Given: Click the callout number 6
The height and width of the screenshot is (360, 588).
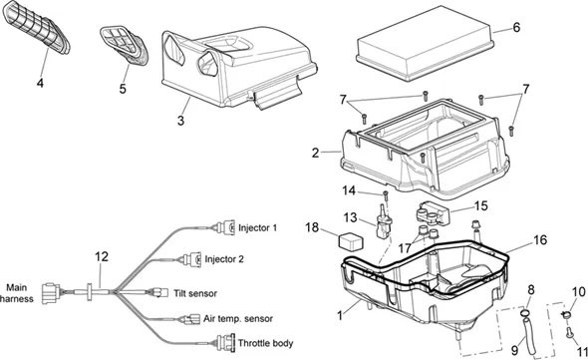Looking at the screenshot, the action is pos(516,27).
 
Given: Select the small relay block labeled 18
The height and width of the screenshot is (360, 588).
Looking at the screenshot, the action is pos(352,241).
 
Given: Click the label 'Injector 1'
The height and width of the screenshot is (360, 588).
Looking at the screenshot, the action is pos(258,227).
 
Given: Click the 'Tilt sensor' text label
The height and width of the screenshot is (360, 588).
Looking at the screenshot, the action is pos(195,293).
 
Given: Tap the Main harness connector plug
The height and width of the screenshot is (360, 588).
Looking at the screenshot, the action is pos(52,293).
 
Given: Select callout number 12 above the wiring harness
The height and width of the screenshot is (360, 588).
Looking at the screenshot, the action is pos(102,256).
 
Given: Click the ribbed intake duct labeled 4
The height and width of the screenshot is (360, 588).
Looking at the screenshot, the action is pos(36,27).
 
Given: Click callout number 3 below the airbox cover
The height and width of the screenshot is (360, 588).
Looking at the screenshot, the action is pos(181,121).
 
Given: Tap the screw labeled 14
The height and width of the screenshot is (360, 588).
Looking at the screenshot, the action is pos(385,195).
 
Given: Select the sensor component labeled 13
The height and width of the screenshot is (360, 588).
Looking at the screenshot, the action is pos(382,222).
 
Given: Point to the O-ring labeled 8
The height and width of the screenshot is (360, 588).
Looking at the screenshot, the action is pos(525,312).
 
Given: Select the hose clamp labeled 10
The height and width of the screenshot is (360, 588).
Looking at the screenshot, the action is pos(566,314).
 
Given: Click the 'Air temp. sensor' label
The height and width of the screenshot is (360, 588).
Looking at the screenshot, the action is pos(238,319).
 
